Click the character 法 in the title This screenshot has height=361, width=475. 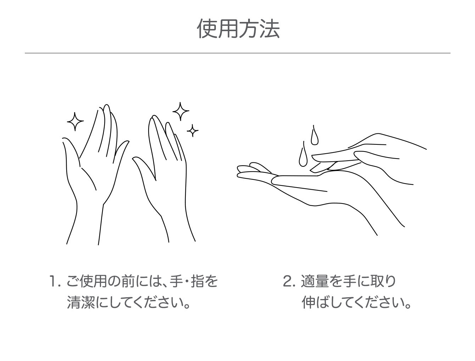coord(270,29)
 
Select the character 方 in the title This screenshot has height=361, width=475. coord(249,29)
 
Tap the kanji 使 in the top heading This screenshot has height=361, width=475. coord(207,29)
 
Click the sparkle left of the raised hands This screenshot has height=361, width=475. coord(75,122)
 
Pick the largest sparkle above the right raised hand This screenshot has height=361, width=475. coord(180,111)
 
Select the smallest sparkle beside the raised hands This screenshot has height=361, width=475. coord(192,131)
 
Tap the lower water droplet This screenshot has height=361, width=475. coord(303,155)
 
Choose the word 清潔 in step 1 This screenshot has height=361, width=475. coord(81,303)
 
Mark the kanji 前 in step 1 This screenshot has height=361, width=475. coord(128,281)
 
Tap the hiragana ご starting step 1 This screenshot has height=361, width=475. coord(73,281)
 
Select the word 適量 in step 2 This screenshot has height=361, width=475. coord(315,281)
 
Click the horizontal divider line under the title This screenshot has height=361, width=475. coord(238,53)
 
